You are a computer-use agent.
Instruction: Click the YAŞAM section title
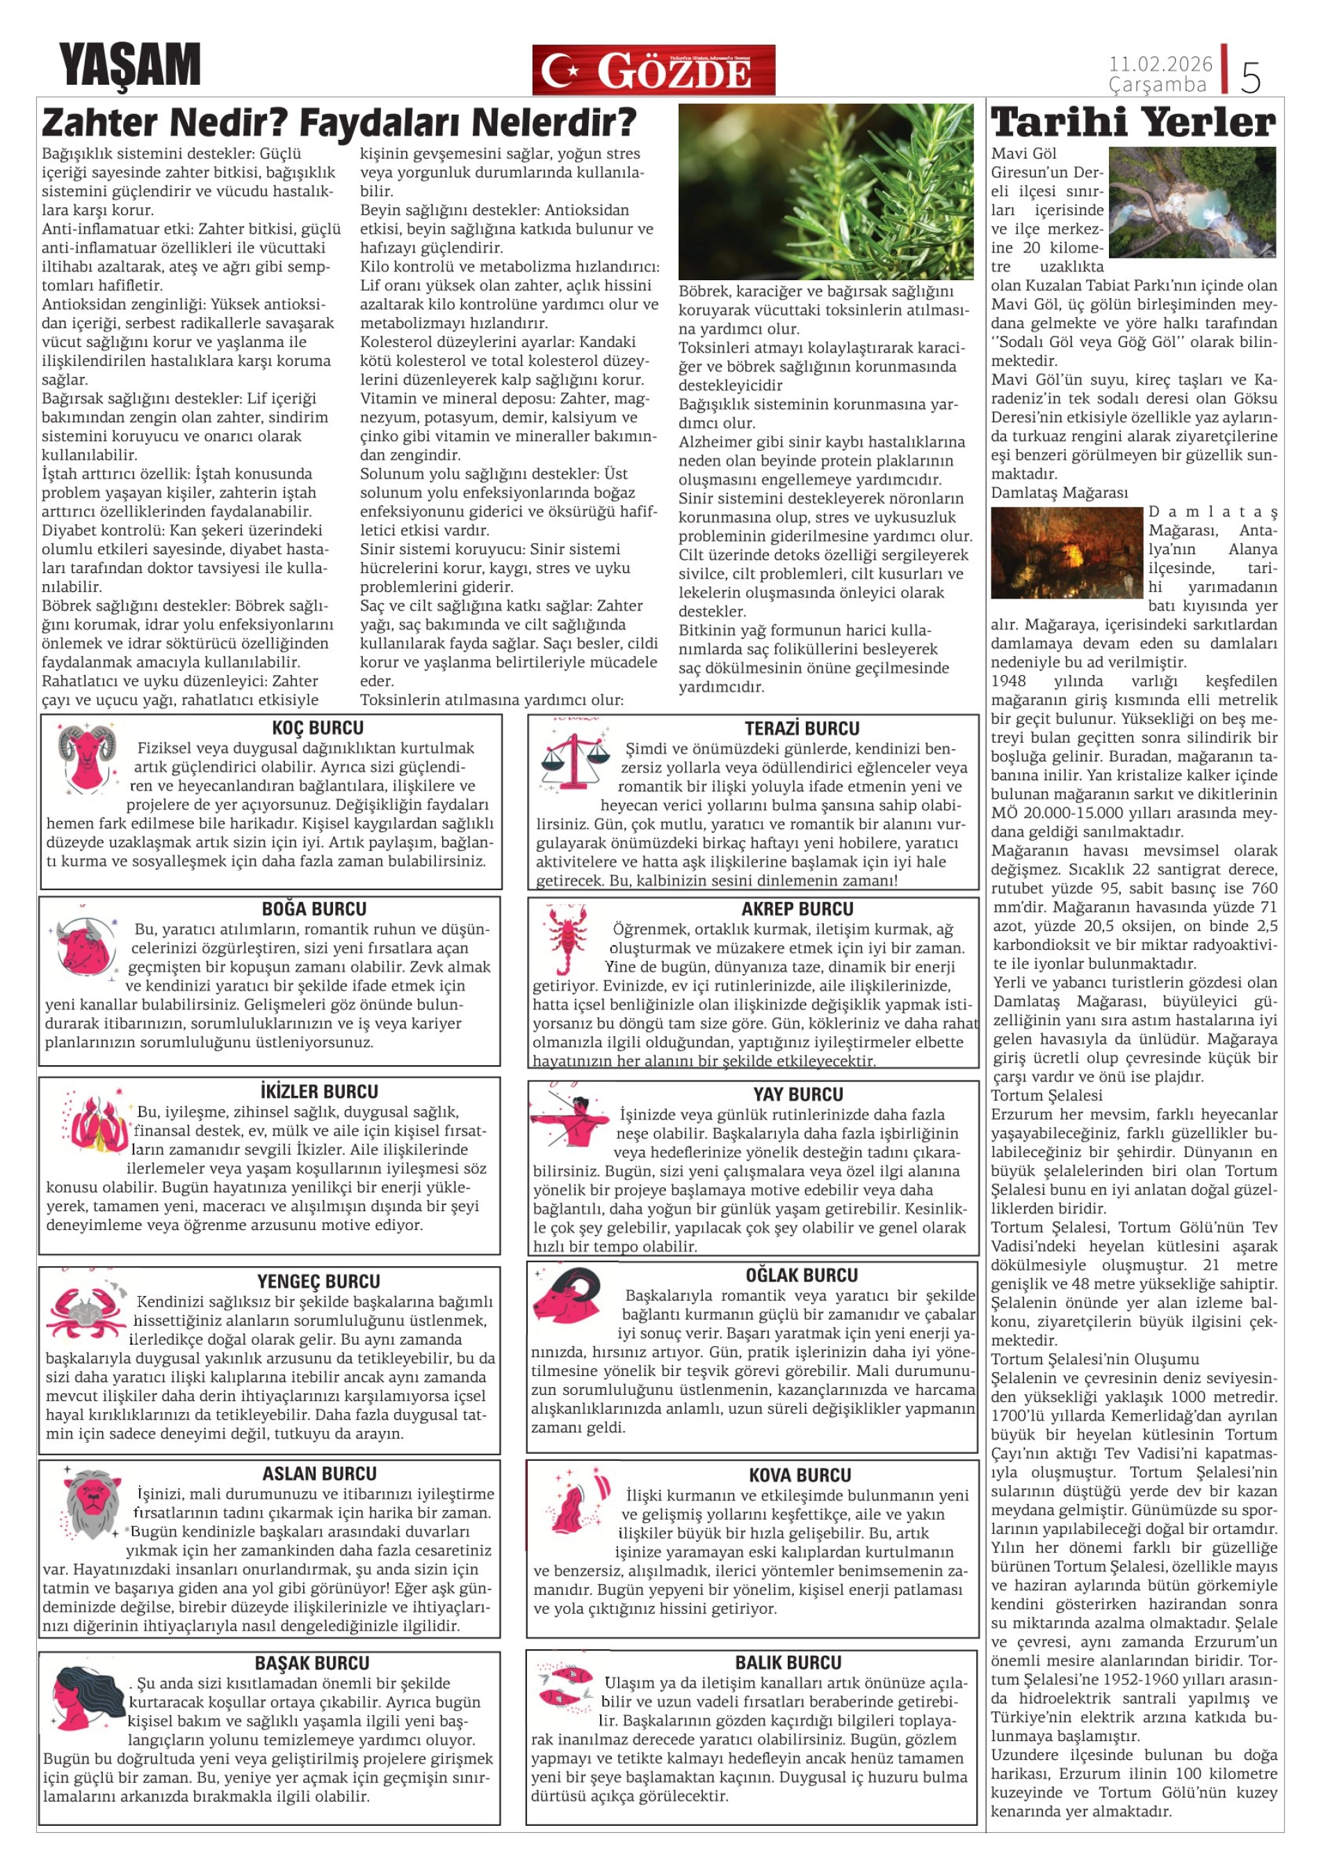[x=129, y=65]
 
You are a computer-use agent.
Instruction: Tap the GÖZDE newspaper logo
[x=653, y=70]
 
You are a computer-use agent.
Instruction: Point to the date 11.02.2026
[x=1160, y=63]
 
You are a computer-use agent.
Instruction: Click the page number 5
[x=1250, y=77]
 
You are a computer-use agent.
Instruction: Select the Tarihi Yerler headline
[x=1133, y=123]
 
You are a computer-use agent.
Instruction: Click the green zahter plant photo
[x=825, y=191]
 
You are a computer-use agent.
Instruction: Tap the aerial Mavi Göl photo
[x=1192, y=203]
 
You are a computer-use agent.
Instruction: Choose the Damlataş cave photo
[x=1067, y=553]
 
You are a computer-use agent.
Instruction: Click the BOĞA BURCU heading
[x=314, y=909]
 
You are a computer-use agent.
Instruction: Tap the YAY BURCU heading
[x=797, y=1094]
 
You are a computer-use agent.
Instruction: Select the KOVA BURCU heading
[x=800, y=1475]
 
